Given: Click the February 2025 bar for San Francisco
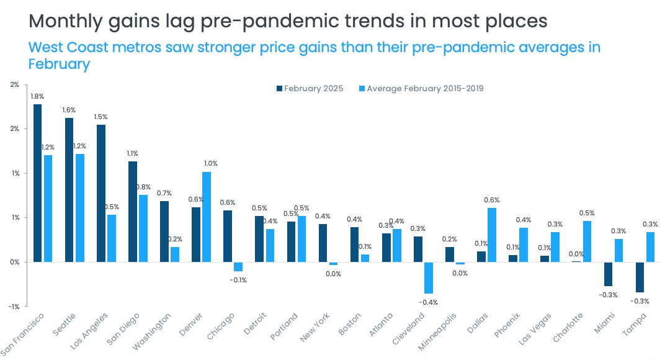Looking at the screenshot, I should (x=38, y=183).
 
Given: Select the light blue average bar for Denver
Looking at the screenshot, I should (x=207, y=217).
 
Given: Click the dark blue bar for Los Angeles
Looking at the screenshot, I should (x=101, y=193).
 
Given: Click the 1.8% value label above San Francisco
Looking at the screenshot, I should (x=38, y=96).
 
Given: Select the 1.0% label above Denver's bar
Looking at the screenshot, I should (x=210, y=163).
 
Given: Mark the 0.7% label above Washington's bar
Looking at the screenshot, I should (x=164, y=193).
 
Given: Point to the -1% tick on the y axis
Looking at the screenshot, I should (x=14, y=306).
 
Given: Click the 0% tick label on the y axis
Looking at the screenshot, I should (x=14, y=262).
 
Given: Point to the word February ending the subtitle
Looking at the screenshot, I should (x=60, y=64).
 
